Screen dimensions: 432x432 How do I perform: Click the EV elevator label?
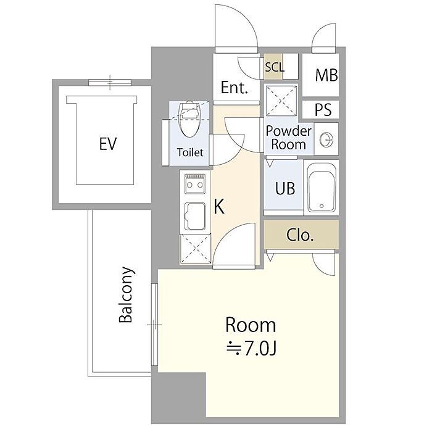pos(108,144)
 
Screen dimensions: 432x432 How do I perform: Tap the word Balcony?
pos(126,294)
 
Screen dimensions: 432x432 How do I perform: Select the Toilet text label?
pos(190,152)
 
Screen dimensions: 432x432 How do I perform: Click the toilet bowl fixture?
pos(189,120)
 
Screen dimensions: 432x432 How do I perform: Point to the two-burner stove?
pos(194,183)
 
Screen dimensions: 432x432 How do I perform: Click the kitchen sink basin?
pos(194,216)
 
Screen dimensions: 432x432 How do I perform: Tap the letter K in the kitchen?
pos(219,207)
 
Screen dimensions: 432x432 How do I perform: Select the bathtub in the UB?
pos(322,188)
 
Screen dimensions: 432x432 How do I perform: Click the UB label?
pos(285,188)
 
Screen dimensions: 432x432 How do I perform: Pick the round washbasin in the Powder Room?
pos(326,139)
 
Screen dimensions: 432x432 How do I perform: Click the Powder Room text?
pos(288,138)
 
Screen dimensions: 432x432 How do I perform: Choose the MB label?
pos(326,75)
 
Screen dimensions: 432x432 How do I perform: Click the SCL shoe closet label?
pos(275,67)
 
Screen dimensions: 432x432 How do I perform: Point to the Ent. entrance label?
pos(235,88)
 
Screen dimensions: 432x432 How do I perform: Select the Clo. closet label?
pos(300,235)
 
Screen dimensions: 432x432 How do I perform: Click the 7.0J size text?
pos(251,349)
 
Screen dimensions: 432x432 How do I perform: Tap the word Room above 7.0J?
pos(251,325)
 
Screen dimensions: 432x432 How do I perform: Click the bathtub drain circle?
pos(322,206)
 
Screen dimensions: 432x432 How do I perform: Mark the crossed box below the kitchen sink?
pos(196,249)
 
